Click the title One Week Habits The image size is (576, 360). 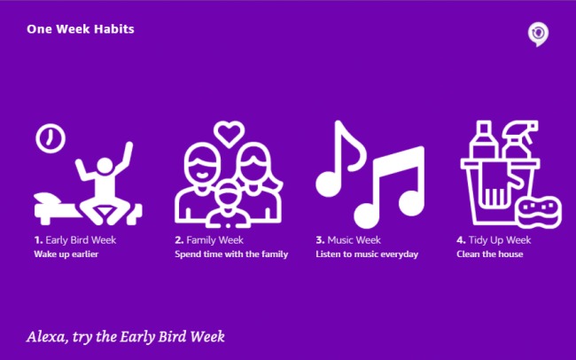(x=81, y=29)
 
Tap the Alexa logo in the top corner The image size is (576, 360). (x=537, y=34)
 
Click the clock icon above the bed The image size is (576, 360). (x=50, y=137)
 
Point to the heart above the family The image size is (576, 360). (x=229, y=133)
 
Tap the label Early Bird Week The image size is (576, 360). (x=75, y=239)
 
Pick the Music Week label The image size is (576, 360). (x=348, y=239)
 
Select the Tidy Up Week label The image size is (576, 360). (x=494, y=239)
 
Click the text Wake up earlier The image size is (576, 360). (x=66, y=254)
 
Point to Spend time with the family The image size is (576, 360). (x=226, y=254)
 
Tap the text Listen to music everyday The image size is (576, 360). (x=367, y=254)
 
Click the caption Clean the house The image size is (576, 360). (x=490, y=254)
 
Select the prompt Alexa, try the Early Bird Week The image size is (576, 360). (x=126, y=336)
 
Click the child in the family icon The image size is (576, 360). (x=230, y=200)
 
